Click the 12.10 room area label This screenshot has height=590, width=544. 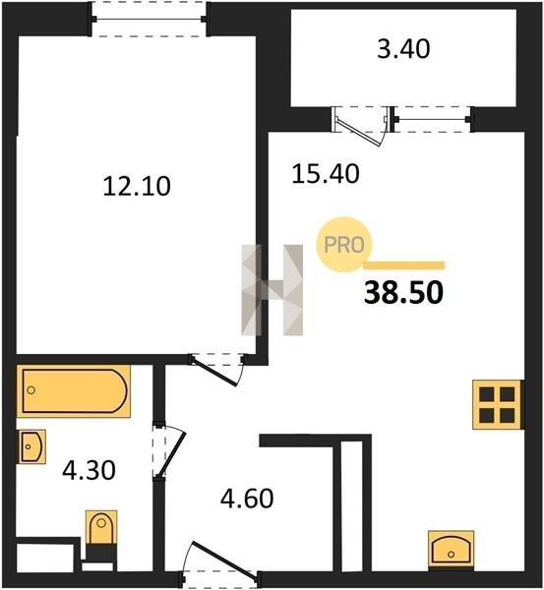coord(137,186)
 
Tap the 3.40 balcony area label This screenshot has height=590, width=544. coord(403,49)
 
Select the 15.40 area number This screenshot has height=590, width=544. coord(326,174)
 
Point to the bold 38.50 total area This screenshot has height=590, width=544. coord(403,293)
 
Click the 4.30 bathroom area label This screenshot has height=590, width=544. coord(89,470)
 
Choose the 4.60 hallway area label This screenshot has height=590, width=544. coord(247,499)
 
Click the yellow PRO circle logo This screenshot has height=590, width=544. coord(344,245)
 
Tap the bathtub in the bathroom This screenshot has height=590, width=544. coord(74,391)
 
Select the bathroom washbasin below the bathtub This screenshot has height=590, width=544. coord(31,446)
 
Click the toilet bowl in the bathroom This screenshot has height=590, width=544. coord(101,527)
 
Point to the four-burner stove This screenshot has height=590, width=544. coord(497,404)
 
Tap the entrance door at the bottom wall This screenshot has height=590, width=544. coord(220,562)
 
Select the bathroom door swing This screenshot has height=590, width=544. coord(169,452)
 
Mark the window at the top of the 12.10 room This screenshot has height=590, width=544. coord(149,19)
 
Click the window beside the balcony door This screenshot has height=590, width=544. coord(432,119)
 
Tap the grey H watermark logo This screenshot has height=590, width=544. coord(272,290)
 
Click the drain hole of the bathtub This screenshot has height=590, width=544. coord(31,390)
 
